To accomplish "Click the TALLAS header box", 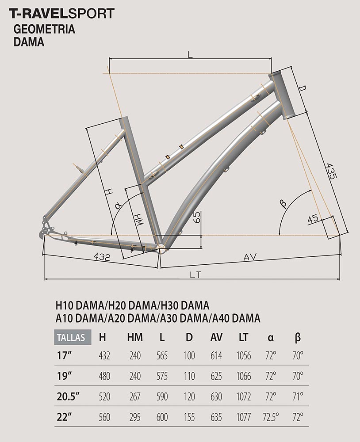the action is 73,337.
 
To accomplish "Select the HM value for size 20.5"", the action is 135,396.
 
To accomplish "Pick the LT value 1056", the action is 244,356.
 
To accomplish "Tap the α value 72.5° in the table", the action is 271,417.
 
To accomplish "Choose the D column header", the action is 189,337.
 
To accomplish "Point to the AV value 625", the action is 216,376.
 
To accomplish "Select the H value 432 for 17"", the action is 104,356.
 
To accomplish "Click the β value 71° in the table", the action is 298,396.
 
